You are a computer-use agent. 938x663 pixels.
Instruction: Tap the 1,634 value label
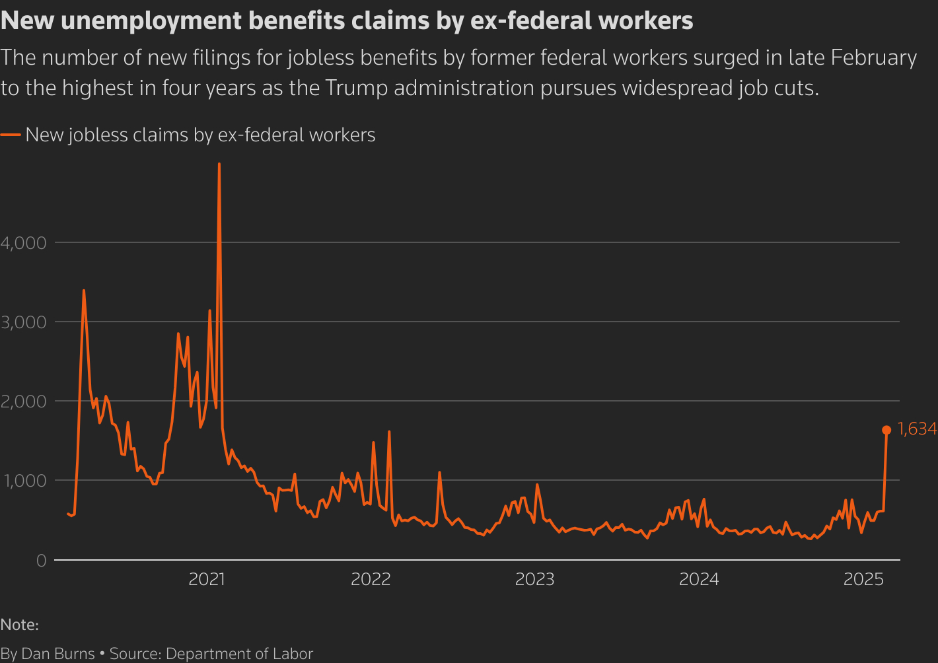[918, 429]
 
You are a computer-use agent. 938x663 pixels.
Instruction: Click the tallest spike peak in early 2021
[219, 164]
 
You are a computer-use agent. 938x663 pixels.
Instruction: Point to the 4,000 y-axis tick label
[24, 243]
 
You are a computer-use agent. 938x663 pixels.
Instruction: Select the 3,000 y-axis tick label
[24, 322]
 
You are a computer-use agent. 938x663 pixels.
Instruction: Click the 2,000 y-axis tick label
[24, 401]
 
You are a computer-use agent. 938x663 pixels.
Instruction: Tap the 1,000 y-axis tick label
[24, 481]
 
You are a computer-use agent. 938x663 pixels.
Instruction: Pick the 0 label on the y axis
[42, 561]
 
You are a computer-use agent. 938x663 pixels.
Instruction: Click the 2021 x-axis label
[207, 580]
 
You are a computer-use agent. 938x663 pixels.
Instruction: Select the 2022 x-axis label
[371, 580]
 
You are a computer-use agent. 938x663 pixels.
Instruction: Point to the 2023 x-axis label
[534, 580]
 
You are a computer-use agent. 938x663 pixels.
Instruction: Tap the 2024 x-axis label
[699, 580]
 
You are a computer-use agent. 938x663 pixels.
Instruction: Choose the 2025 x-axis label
[863, 580]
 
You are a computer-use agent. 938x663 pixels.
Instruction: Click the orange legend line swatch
[11, 135]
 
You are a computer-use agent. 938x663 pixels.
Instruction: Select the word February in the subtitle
[873, 58]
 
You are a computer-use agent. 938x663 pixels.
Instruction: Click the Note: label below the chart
[20, 625]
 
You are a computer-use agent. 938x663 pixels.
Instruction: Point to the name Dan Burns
[58, 654]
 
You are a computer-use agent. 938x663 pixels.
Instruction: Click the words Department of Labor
[239, 654]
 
